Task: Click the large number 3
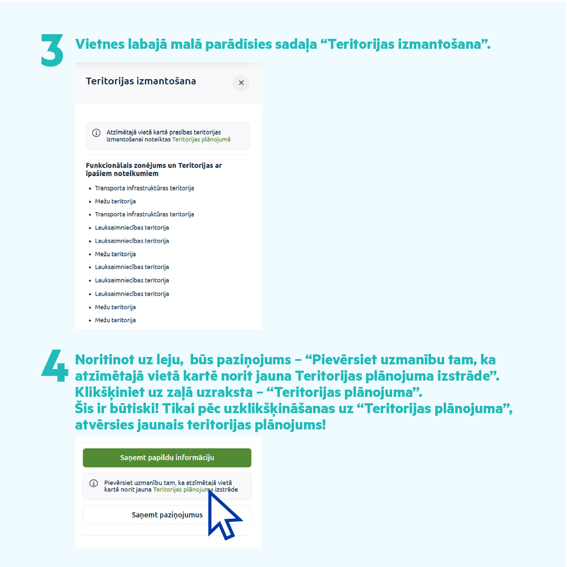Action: (x=52, y=51)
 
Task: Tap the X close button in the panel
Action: (x=241, y=83)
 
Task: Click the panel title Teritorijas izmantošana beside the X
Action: (x=141, y=81)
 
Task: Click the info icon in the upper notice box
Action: (x=96, y=133)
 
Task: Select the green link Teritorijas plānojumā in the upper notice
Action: (x=201, y=140)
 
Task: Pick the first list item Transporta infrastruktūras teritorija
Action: (x=144, y=188)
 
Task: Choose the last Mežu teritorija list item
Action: (x=115, y=320)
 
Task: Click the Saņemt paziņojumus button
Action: (x=167, y=515)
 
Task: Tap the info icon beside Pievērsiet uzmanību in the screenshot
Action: (x=93, y=483)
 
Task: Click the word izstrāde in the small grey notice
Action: (x=226, y=489)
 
